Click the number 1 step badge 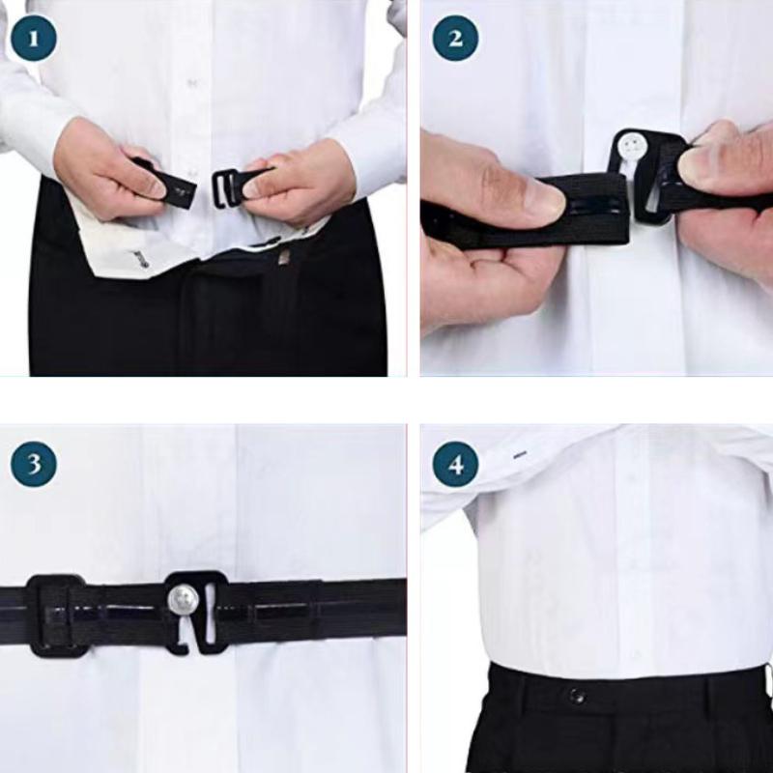tap(34, 38)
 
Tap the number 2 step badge tap(455, 38)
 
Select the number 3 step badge tap(34, 464)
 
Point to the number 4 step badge tap(455, 464)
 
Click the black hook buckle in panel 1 tap(224, 188)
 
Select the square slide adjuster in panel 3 tap(57, 615)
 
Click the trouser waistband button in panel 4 tap(577, 696)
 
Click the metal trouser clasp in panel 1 tap(285, 257)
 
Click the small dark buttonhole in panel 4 tap(520, 454)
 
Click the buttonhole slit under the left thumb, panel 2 tap(591, 203)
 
